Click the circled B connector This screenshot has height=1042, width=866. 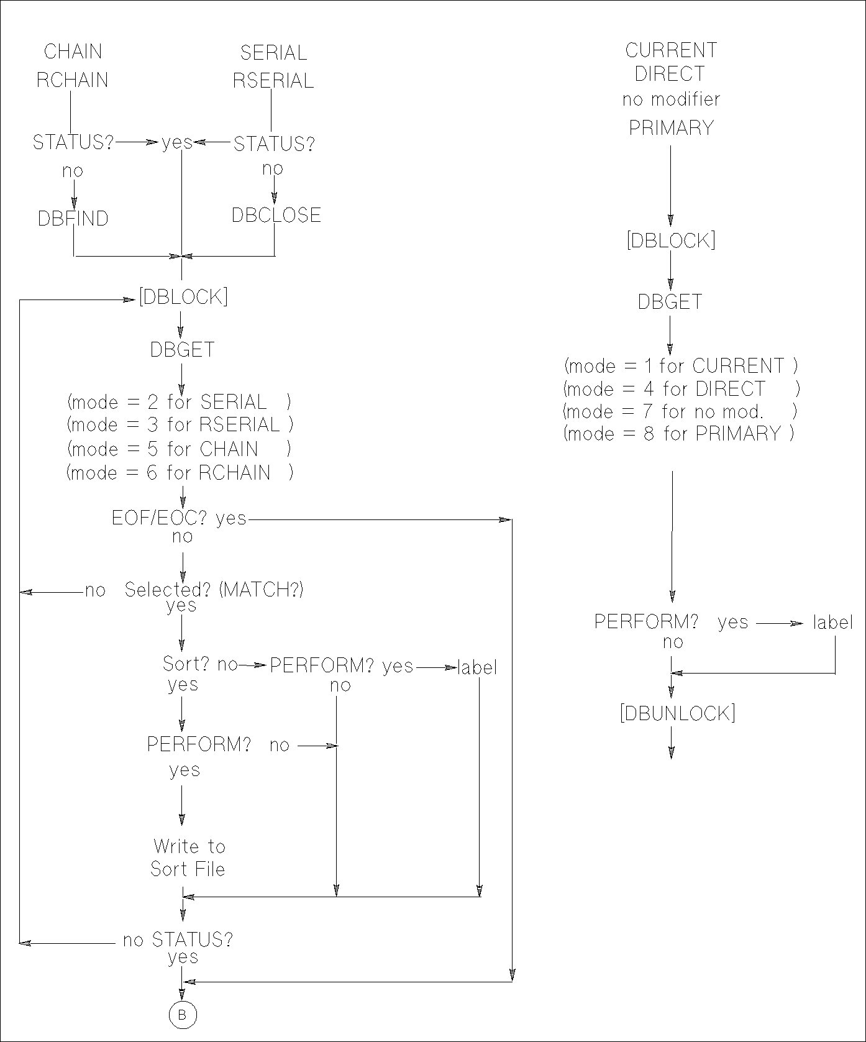(182, 1015)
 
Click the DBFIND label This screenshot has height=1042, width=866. (73, 219)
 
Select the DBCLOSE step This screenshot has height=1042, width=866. (276, 215)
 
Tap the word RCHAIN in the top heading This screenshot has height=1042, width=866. (72, 80)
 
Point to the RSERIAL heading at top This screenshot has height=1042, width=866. (273, 81)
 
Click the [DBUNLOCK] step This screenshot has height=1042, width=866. (678, 713)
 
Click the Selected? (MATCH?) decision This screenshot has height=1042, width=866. (214, 589)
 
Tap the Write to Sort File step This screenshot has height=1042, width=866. (188, 857)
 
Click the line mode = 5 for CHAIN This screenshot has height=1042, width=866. (179, 449)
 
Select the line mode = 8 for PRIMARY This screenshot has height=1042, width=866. (679, 433)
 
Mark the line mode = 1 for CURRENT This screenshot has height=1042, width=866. (681, 365)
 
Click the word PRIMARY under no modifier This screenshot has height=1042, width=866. (671, 128)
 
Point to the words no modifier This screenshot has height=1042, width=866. (671, 99)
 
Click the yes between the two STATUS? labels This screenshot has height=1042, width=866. (177, 144)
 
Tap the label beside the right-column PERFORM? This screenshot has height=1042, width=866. (832, 622)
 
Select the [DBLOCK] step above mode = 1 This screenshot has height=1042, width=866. (671, 240)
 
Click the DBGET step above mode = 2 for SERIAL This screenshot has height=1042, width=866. (182, 350)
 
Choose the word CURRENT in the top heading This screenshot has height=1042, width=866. (671, 50)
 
